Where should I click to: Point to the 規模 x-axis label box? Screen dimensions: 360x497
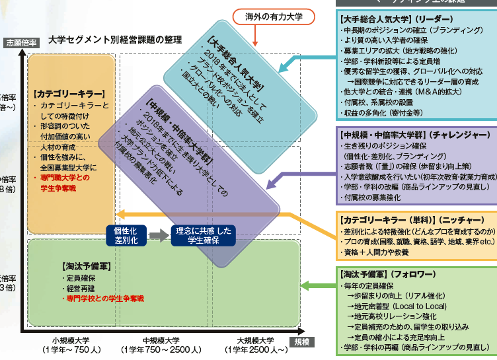(x=301, y=340)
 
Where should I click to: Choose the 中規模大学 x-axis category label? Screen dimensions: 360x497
(x=162, y=345)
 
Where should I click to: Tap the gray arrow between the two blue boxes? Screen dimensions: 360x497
(x=159, y=235)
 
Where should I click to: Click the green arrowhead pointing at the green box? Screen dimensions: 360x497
(x=305, y=285)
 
